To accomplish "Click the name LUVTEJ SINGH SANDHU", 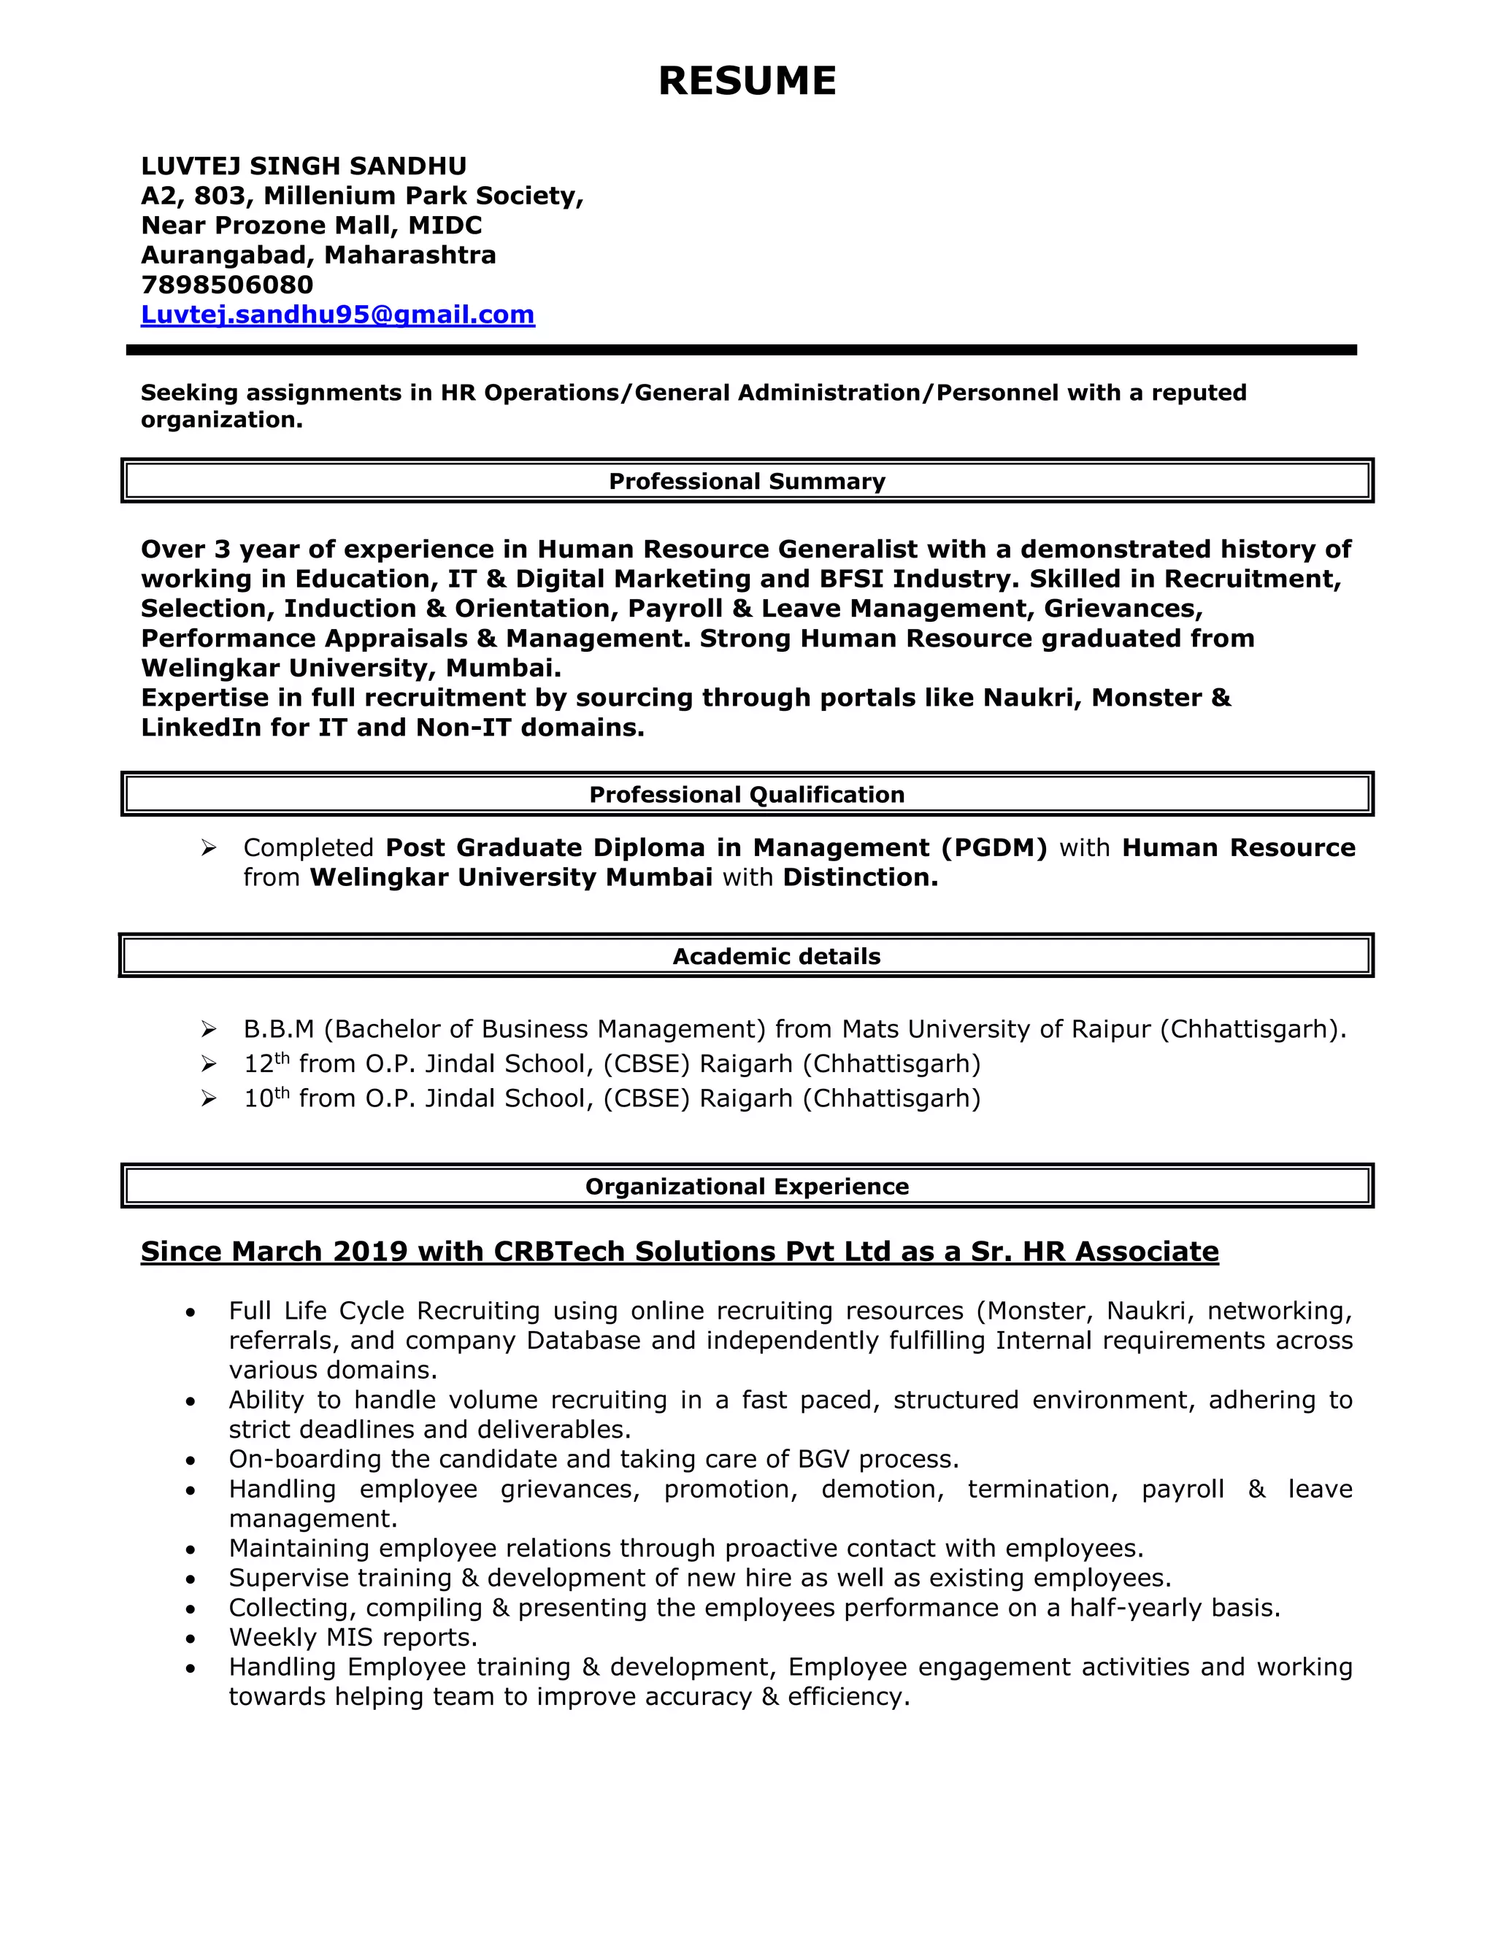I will [x=304, y=166].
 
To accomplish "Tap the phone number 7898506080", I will [x=227, y=285].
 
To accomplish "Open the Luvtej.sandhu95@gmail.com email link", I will [x=337, y=315].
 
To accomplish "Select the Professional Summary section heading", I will [x=747, y=482].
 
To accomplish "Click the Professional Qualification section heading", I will [x=747, y=795].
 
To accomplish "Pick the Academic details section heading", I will [x=776, y=956].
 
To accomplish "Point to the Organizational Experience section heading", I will [x=747, y=1187].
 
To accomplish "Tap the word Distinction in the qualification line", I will [x=859, y=879].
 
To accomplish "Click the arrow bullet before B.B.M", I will [x=209, y=1029].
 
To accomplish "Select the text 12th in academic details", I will [x=266, y=1063].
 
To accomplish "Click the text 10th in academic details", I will [x=266, y=1098].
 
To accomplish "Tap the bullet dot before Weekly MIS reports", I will [x=191, y=1639].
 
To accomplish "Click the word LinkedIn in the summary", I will [x=201, y=728].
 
